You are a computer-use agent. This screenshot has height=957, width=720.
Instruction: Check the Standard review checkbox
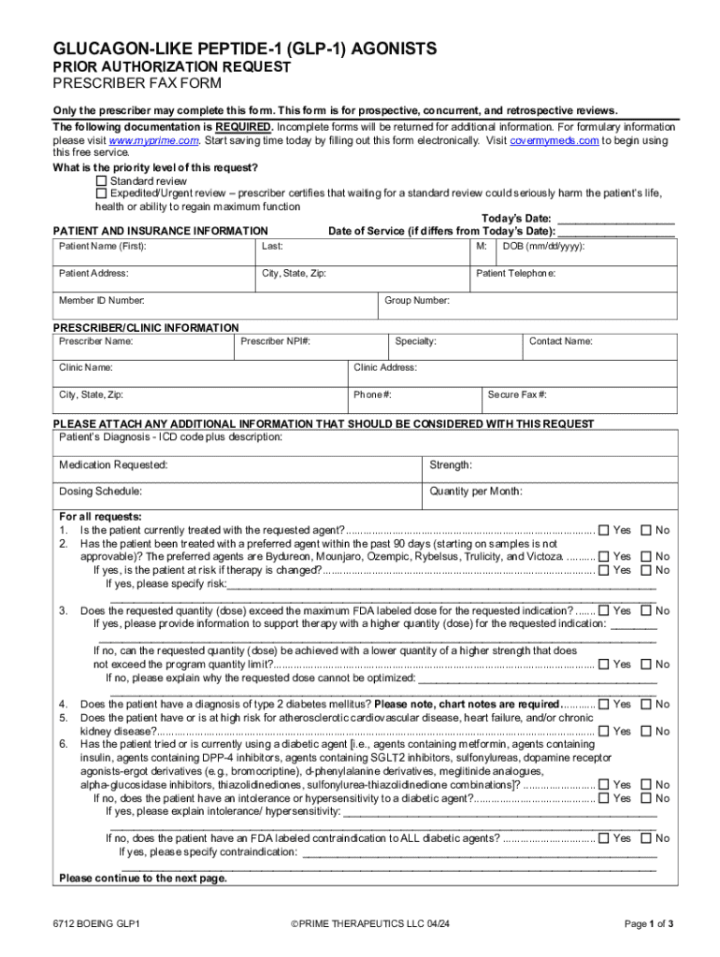102,180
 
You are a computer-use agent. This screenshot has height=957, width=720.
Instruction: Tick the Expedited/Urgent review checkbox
102,193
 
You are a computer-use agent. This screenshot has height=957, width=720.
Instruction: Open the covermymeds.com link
555,140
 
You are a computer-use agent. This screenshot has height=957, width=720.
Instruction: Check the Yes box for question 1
603,530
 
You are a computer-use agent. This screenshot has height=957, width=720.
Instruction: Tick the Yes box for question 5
603,732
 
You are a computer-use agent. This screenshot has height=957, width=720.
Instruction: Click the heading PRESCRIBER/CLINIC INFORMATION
146,328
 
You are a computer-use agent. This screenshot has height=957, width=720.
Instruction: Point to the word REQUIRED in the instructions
244,127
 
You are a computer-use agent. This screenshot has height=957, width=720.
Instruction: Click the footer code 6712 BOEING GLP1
97,924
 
